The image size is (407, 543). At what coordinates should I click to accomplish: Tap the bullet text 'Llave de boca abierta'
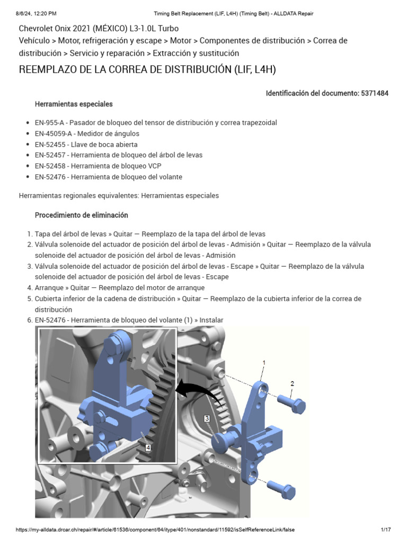tap(104, 144)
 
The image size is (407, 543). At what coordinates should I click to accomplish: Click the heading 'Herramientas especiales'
tap(74, 104)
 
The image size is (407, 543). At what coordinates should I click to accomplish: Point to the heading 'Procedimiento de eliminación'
tap(81, 215)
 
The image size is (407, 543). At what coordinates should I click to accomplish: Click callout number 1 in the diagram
tap(263, 362)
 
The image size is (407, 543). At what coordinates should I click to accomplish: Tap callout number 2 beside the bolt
tap(292, 383)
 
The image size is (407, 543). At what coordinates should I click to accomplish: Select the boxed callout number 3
tap(207, 418)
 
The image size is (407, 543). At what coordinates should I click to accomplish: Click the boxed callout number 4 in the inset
tap(147, 448)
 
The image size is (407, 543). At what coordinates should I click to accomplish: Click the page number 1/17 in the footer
tap(385, 530)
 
